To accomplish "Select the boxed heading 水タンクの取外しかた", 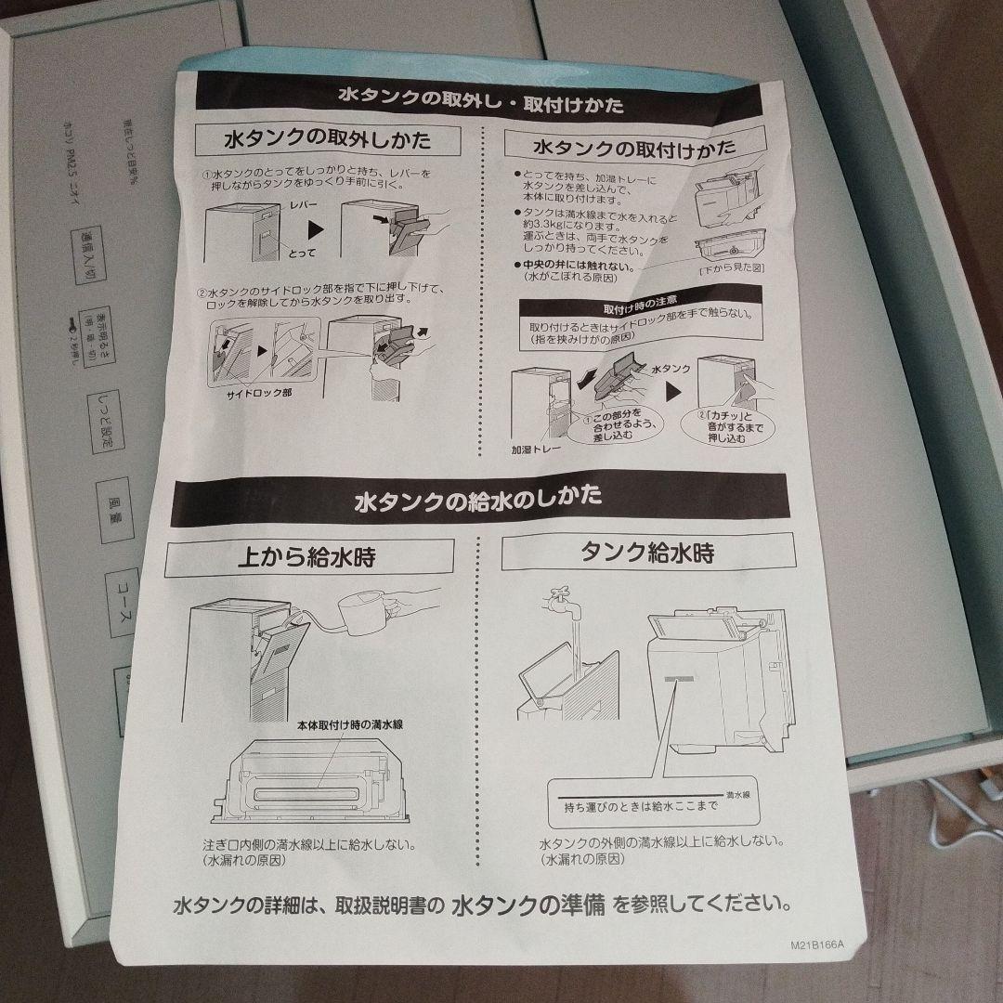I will pyautogui.click(x=327, y=141).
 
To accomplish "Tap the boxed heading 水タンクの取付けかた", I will pyautogui.click(x=633, y=148).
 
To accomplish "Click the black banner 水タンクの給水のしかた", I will pyautogui.click(x=477, y=501).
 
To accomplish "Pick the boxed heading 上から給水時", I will pyautogui.click(x=306, y=557).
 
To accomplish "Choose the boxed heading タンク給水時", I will pyautogui.click(x=647, y=554).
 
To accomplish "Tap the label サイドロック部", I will pyautogui.click(x=259, y=393).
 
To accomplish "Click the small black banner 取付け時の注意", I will pyautogui.click(x=632, y=304).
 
